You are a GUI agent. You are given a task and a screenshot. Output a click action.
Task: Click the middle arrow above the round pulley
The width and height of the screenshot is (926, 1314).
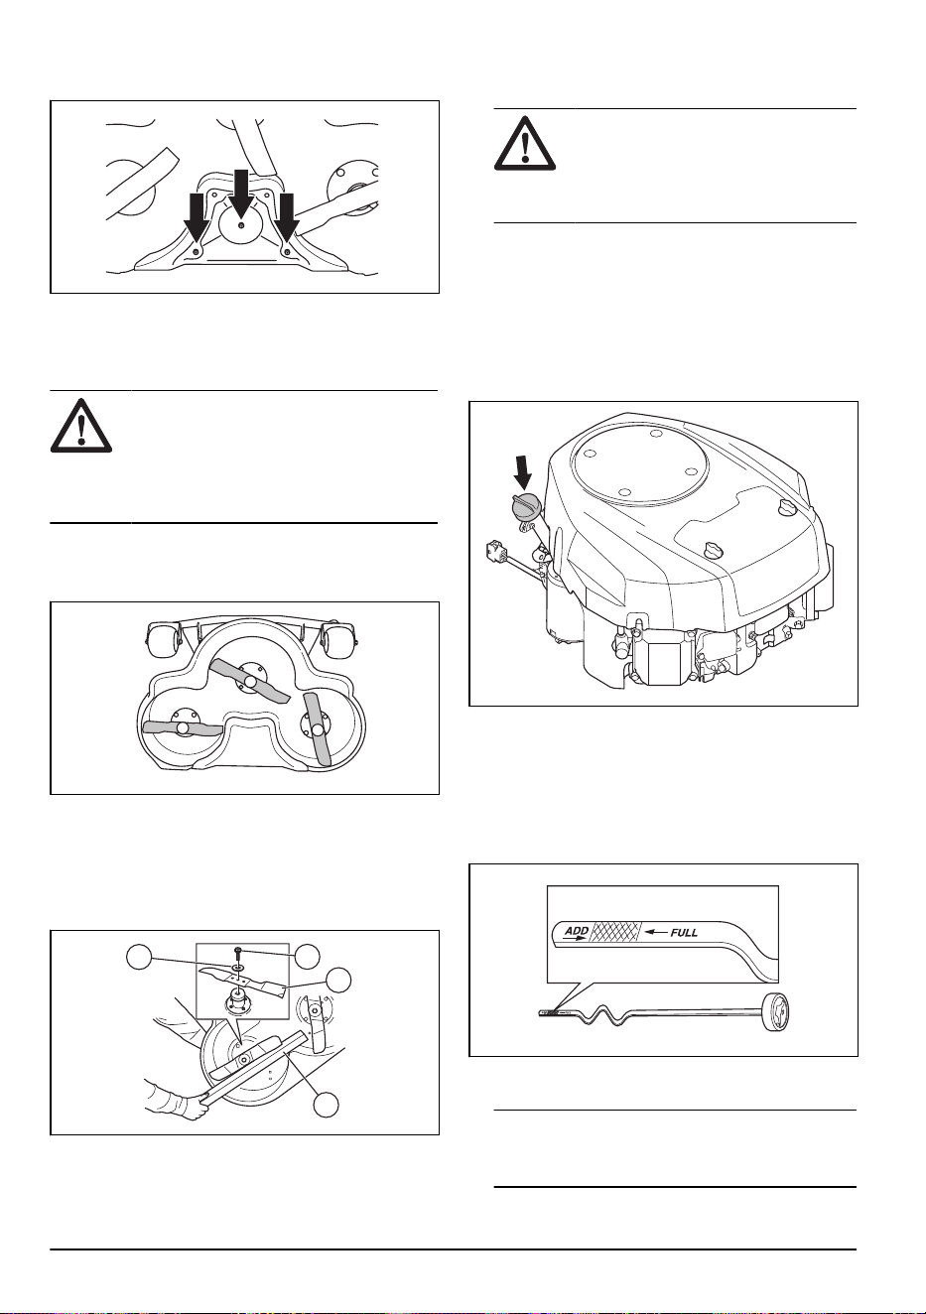coord(241,193)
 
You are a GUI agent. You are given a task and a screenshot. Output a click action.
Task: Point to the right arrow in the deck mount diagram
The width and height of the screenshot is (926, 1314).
coord(287,217)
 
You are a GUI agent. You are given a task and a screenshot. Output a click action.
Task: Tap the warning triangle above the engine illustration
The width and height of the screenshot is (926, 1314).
coord(525,144)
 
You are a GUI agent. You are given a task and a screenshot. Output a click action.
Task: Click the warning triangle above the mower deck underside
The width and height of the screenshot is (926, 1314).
coord(81,426)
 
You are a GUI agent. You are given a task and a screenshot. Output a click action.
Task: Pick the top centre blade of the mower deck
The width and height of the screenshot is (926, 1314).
coord(250,681)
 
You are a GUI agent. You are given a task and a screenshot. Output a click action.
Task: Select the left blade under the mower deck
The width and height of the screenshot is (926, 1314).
coord(183,727)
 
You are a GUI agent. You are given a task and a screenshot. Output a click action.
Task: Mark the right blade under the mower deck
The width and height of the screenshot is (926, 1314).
coord(318,729)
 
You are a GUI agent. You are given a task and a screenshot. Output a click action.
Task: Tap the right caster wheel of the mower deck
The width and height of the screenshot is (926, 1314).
coord(339,639)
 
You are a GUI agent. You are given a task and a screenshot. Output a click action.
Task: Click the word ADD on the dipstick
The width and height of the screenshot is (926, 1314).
coord(576,931)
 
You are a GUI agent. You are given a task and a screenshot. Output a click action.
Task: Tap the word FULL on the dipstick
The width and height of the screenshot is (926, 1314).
coord(684,932)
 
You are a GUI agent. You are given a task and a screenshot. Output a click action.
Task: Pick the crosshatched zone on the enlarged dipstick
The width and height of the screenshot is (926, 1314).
coord(615,931)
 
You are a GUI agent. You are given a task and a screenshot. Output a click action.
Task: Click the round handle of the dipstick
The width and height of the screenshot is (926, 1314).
coord(777,1010)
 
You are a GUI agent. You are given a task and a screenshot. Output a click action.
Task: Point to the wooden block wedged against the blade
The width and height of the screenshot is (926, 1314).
coord(254,1066)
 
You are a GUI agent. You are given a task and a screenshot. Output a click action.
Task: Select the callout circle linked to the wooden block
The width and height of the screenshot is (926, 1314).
coord(327,1105)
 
